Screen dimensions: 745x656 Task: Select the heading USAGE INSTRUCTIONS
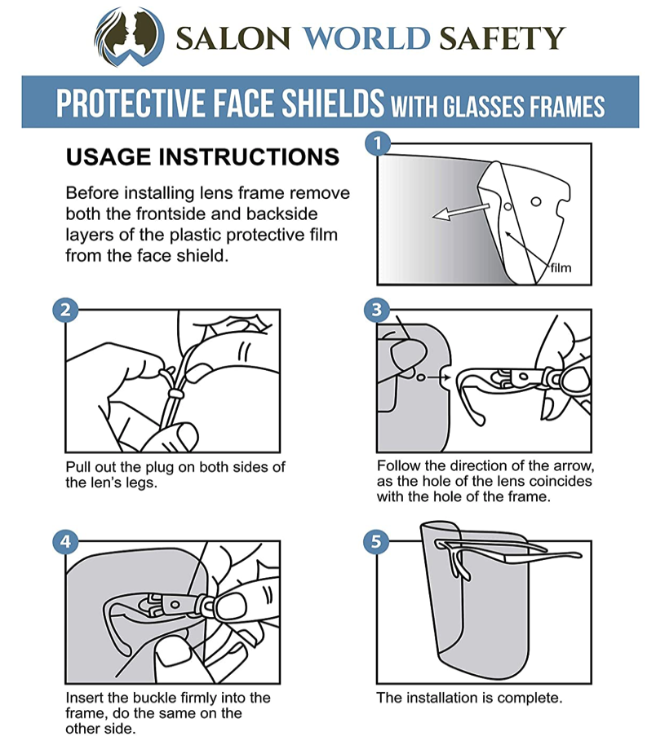coord(202,156)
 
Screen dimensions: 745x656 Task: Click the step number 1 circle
coord(377,145)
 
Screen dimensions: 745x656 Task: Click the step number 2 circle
coord(65,310)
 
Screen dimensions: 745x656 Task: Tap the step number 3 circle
coord(377,310)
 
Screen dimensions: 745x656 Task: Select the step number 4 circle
coord(65,540)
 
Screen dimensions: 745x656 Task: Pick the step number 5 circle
coord(377,540)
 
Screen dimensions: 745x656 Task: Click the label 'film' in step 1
coord(561,267)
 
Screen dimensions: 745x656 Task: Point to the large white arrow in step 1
coord(462,210)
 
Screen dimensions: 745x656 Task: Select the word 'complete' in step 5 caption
coord(529,699)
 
